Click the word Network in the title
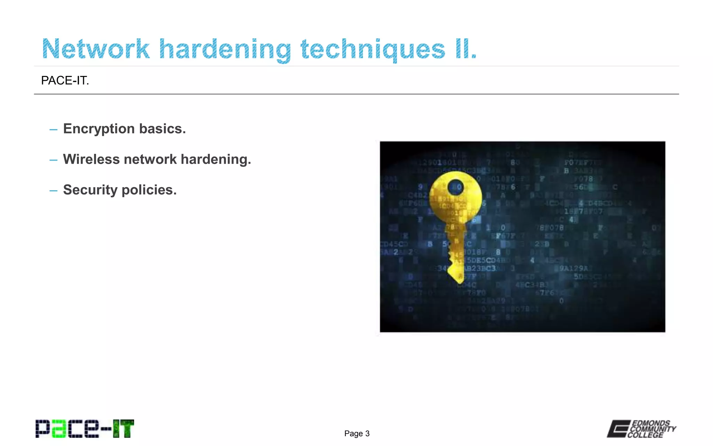[x=96, y=49]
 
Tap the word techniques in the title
[x=373, y=49]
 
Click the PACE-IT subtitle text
[x=65, y=80]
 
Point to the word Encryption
[x=99, y=129]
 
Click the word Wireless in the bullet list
[x=91, y=159]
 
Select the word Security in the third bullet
[x=90, y=190]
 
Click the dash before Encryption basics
[x=53, y=130]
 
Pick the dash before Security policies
[x=53, y=191]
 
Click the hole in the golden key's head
[x=455, y=187]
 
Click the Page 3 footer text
[x=357, y=433]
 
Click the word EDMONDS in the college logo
[x=651, y=423]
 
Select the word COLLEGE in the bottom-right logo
[x=646, y=435]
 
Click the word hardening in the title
[x=225, y=49]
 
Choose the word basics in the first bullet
[x=163, y=129]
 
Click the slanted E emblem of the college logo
[x=619, y=429]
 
